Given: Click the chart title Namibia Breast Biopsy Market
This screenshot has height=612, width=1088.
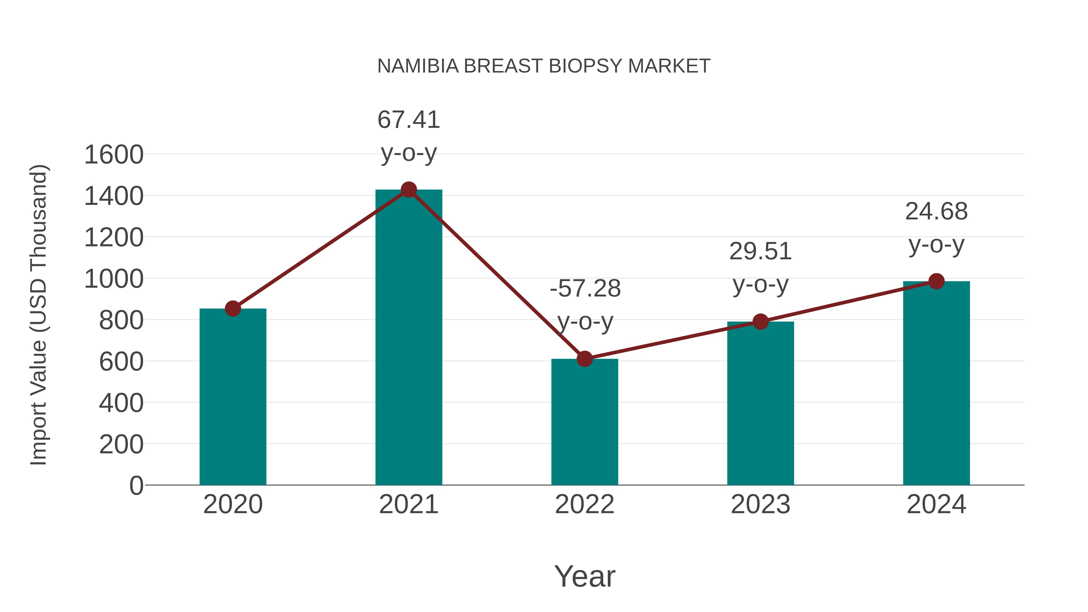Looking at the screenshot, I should (x=544, y=66).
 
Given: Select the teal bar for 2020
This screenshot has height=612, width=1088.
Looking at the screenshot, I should (x=233, y=397).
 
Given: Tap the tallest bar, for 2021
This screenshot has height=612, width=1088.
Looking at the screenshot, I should (x=408, y=338).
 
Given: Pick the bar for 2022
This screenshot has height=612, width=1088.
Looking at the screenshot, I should (x=584, y=423).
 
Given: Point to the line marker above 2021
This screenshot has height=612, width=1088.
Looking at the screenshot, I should (x=408, y=189).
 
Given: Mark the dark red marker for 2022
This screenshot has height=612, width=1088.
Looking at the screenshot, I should (x=584, y=359).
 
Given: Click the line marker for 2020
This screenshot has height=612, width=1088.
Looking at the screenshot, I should (x=233, y=309).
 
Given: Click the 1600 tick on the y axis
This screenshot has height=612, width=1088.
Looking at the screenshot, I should (x=114, y=154).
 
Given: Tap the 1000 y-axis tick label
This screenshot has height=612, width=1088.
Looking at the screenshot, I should (x=114, y=279).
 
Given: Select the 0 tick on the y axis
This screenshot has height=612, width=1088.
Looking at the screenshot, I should (x=136, y=486).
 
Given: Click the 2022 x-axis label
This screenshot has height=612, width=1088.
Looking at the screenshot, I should (x=584, y=504).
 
